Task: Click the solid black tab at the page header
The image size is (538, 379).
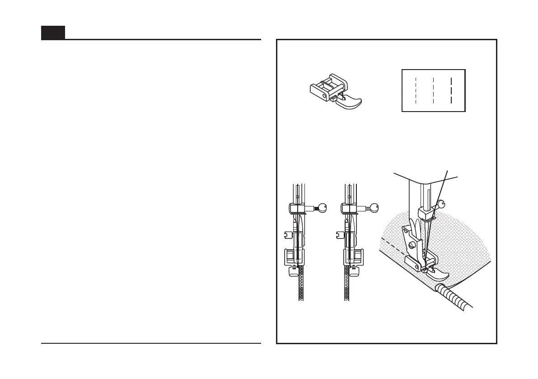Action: pos(53,33)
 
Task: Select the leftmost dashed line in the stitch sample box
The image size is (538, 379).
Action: pos(416,90)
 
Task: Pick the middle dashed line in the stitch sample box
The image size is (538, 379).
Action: pos(433,90)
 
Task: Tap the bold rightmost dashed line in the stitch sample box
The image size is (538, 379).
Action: pos(451,90)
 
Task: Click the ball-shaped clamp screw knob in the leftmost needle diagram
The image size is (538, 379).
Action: pos(321,208)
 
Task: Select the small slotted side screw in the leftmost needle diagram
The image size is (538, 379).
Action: pos(286,234)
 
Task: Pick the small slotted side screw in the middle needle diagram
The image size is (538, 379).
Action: pos(339,234)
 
